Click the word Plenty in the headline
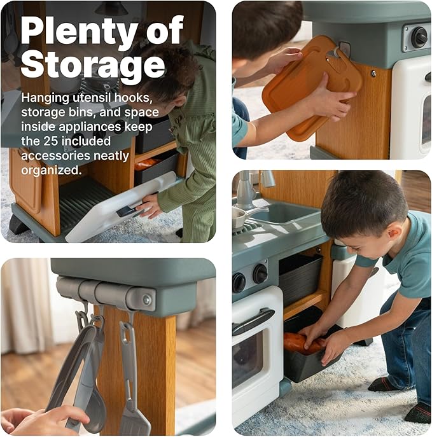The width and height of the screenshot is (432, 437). click(80, 32)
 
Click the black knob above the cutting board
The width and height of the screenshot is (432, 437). click(419, 38)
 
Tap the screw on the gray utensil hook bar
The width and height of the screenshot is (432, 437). click(146, 300)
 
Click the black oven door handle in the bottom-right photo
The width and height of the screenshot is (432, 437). click(253, 321)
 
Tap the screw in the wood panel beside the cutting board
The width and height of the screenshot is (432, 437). click(373, 74)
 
